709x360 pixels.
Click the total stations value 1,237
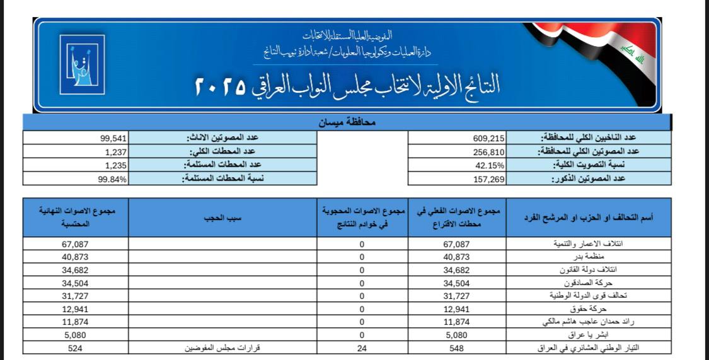pos(117,151)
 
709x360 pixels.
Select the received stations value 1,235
pos(117,165)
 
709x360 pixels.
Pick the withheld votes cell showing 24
pos(362,348)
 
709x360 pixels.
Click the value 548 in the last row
pos(456,348)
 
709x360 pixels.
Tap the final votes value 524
pos(76,348)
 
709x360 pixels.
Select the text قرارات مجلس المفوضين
pos(225,348)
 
